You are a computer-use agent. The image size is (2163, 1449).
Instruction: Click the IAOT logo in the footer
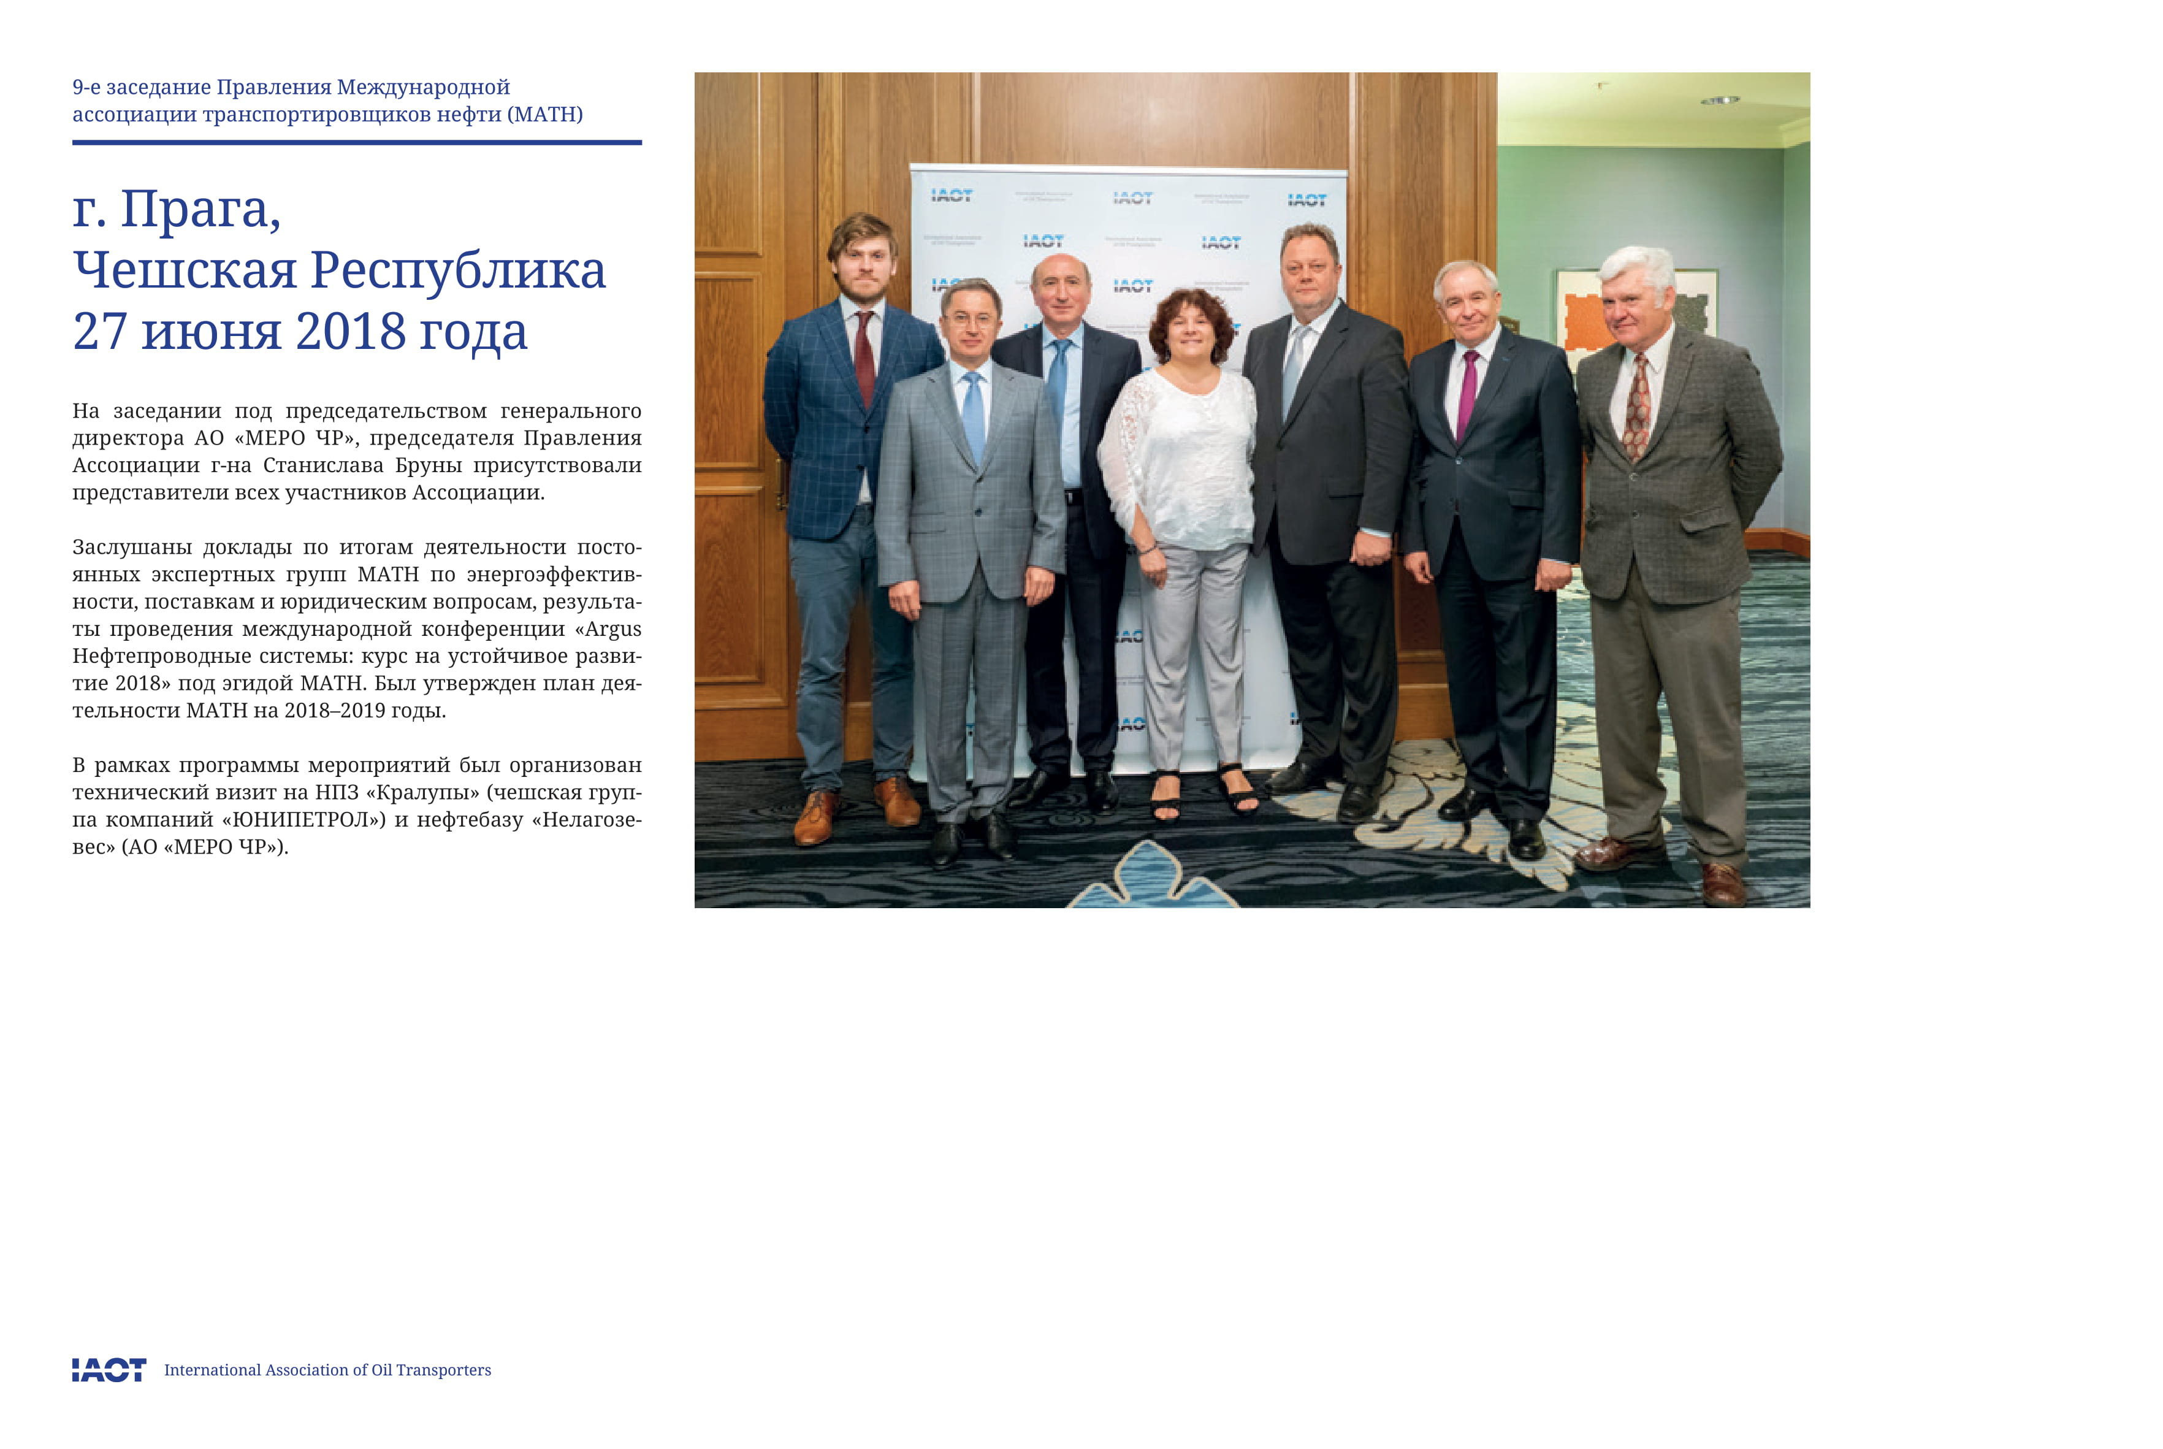click(109, 1369)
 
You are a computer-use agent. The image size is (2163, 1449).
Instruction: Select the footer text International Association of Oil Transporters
click(327, 1369)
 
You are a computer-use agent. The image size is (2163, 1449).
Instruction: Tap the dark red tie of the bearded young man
click(865, 356)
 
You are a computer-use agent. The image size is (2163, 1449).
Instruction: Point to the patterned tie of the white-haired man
click(1636, 407)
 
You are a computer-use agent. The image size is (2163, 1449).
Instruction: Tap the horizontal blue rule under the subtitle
click(357, 142)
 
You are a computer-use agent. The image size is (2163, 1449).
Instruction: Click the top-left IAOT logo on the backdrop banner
click(951, 195)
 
